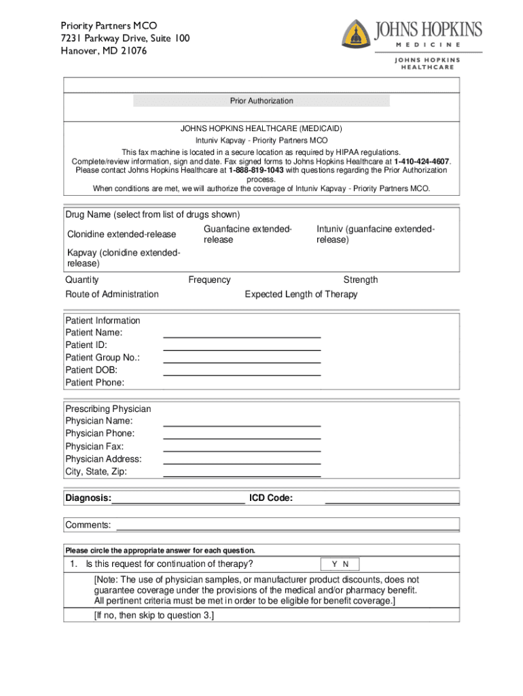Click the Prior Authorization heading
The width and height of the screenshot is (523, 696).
tap(261, 101)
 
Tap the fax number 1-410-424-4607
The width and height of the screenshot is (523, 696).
tap(422, 161)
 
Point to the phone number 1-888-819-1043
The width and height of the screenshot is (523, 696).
tap(256, 170)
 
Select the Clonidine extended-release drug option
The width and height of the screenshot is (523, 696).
tap(122, 235)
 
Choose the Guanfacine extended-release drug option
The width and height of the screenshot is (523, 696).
tap(247, 235)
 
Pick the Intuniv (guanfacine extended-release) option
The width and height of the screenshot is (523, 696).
tap(376, 235)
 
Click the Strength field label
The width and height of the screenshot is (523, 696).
tap(361, 280)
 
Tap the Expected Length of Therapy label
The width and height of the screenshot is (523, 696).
tap(301, 294)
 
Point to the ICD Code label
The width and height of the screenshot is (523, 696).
tap(271, 499)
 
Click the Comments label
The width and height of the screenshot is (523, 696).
tap(88, 525)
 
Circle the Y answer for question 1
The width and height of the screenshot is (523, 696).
tap(334, 564)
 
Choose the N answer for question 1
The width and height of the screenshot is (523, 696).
tap(346, 564)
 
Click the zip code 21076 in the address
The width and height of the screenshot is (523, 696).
tap(133, 51)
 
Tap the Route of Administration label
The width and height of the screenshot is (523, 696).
tap(112, 294)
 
